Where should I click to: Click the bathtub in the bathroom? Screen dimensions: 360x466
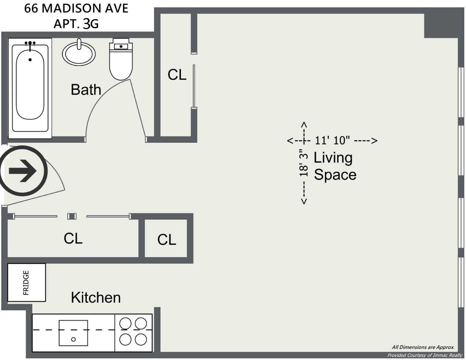[x=30, y=88]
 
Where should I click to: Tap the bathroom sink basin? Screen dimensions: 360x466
[x=79, y=53]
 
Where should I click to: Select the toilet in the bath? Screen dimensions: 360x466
[x=121, y=60]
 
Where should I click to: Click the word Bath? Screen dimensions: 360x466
[x=86, y=90]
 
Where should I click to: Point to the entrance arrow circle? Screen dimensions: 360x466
[x=23, y=170]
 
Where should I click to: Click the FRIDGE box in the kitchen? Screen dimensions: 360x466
[x=26, y=283]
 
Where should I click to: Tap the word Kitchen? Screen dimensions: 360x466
[x=96, y=298]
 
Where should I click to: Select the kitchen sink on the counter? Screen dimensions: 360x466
[x=73, y=333]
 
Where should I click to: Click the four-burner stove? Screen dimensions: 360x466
[x=133, y=332]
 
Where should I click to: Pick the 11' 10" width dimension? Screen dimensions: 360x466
[x=332, y=140]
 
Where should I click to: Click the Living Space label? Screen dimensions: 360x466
[x=334, y=166]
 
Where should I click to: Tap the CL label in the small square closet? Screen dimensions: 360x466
[x=167, y=240]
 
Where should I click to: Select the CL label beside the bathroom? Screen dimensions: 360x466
[x=177, y=75]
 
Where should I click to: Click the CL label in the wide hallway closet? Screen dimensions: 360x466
[x=73, y=238]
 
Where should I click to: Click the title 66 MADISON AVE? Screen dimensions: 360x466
[x=76, y=9]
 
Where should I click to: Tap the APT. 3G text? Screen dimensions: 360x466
[x=76, y=24]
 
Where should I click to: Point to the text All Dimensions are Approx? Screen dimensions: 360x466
[x=423, y=347]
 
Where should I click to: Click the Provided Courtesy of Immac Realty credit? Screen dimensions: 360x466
[x=425, y=355]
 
